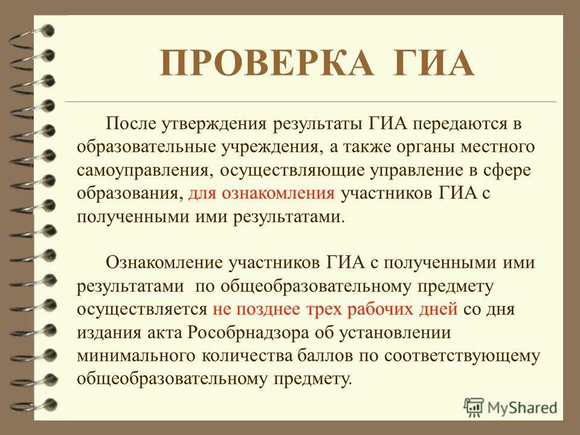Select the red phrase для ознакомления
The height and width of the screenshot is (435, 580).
tap(261, 194)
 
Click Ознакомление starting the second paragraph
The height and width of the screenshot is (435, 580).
tap(164, 263)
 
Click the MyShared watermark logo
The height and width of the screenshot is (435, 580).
tap(510, 406)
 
